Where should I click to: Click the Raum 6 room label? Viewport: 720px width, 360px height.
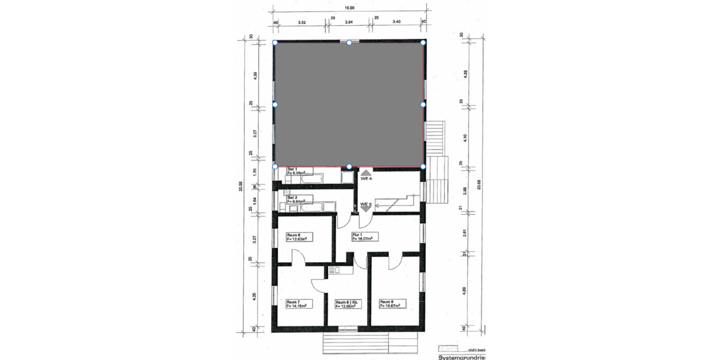click(x=297, y=236)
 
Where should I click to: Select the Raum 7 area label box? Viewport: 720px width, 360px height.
click(x=297, y=304)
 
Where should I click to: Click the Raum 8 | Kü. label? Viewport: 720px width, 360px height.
click(x=347, y=304)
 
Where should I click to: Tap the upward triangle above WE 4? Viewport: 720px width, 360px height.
click(x=367, y=172)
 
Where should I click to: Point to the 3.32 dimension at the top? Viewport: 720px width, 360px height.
click(x=302, y=22)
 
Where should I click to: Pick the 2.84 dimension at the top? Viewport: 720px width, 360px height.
click(x=349, y=22)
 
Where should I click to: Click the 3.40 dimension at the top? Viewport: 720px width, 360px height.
click(x=397, y=22)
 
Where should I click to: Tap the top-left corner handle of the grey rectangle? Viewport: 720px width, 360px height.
click(x=275, y=43)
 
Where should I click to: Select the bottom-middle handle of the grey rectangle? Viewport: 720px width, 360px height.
click(x=349, y=166)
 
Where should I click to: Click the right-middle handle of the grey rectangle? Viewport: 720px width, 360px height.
click(x=423, y=104)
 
